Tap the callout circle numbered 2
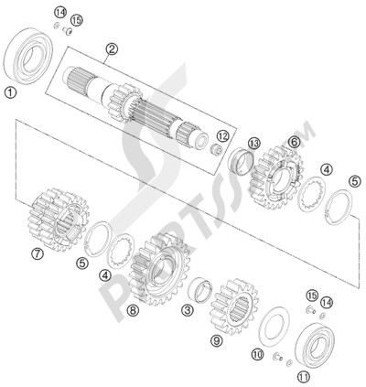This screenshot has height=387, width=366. [112, 49]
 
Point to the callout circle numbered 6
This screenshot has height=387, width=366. [294, 141]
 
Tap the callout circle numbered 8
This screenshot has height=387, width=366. [134, 310]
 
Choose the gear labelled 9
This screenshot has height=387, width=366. [231, 299]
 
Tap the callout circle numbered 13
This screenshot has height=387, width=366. [253, 142]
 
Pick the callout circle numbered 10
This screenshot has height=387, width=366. [257, 353]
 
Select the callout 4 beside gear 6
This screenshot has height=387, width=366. [327, 168]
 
